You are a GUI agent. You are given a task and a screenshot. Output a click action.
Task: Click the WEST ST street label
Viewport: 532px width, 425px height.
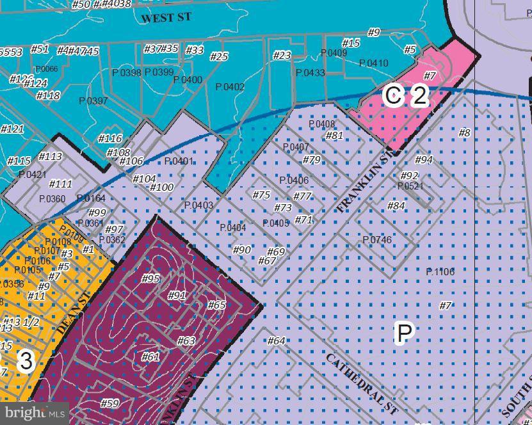166,18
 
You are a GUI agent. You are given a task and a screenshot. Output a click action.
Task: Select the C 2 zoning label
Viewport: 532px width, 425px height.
405,96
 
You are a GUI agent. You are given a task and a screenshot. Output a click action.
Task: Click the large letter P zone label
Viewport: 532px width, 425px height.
405,333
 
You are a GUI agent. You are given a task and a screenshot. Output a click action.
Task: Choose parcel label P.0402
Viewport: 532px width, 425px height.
230,87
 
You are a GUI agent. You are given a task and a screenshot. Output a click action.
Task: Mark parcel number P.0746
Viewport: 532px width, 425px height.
377,240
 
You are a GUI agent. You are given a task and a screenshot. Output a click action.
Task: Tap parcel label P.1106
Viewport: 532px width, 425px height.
440,272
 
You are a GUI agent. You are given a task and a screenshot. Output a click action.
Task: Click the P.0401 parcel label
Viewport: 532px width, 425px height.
179,161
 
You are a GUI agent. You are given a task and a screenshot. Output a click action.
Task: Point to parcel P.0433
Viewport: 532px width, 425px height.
310,73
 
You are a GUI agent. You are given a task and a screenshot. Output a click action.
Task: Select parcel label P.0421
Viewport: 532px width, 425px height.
32,175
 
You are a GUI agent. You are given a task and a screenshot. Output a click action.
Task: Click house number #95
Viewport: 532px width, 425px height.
150,278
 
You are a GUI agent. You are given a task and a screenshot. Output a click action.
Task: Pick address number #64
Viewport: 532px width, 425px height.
276,341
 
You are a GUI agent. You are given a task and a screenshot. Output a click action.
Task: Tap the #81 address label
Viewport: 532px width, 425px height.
334,135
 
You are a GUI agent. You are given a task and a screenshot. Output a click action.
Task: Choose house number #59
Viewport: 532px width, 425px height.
110,403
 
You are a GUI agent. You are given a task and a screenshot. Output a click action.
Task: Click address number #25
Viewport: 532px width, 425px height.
219,57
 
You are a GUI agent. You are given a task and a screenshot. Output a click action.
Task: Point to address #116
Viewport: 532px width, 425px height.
109,138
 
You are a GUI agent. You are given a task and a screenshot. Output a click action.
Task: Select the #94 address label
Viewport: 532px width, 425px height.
424,159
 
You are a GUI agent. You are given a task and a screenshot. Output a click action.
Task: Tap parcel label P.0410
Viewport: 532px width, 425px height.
373,63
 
